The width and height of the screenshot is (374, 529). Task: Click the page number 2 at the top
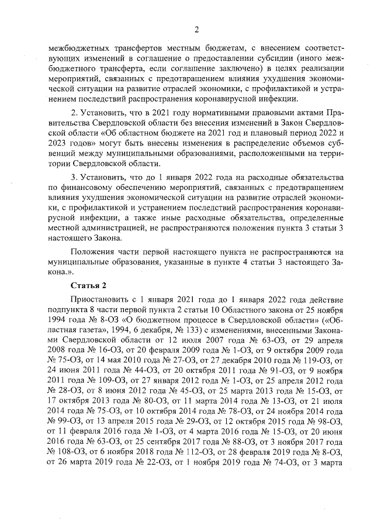[197, 30]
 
